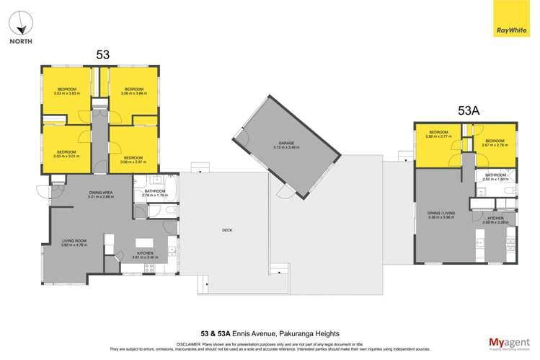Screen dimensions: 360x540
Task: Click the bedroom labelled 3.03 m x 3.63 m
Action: coord(67,92)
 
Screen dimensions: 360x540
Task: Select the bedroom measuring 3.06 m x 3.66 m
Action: coord(133,91)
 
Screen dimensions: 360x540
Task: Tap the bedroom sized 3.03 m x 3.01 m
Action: coord(67,153)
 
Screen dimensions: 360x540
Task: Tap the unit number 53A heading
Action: coord(469,110)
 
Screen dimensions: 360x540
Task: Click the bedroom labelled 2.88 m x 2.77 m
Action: coord(439,134)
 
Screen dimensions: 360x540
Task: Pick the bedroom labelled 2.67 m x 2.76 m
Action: coord(495,143)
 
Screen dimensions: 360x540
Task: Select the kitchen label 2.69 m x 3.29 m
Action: coord(495,220)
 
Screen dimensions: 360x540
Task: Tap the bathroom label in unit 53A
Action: coord(495,177)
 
